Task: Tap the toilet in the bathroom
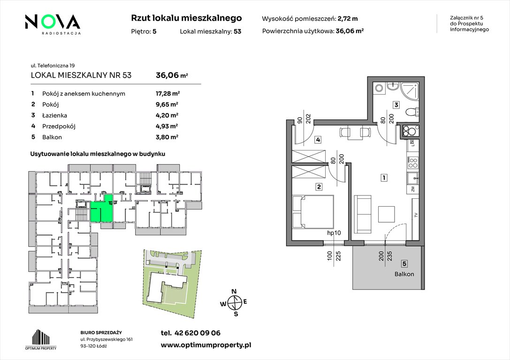(x=412, y=112)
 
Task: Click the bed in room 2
(x=313, y=211)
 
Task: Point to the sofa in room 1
(x=362, y=214)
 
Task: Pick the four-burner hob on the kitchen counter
(x=412, y=162)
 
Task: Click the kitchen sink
(x=412, y=178)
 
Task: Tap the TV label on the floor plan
(x=416, y=215)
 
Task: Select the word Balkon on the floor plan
(x=404, y=274)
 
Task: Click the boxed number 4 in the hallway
(x=318, y=140)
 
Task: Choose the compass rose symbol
(x=234, y=303)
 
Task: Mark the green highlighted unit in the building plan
(x=101, y=209)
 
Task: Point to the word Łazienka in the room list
(x=54, y=115)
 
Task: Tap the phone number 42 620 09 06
(x=198, y=333)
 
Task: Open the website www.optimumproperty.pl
(x=206, y=345)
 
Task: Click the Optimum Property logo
(x=41, y=339)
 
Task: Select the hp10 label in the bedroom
(x=334, y=233)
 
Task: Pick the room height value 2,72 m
(x=348, y=19)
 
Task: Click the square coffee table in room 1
(x=387, y=214)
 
